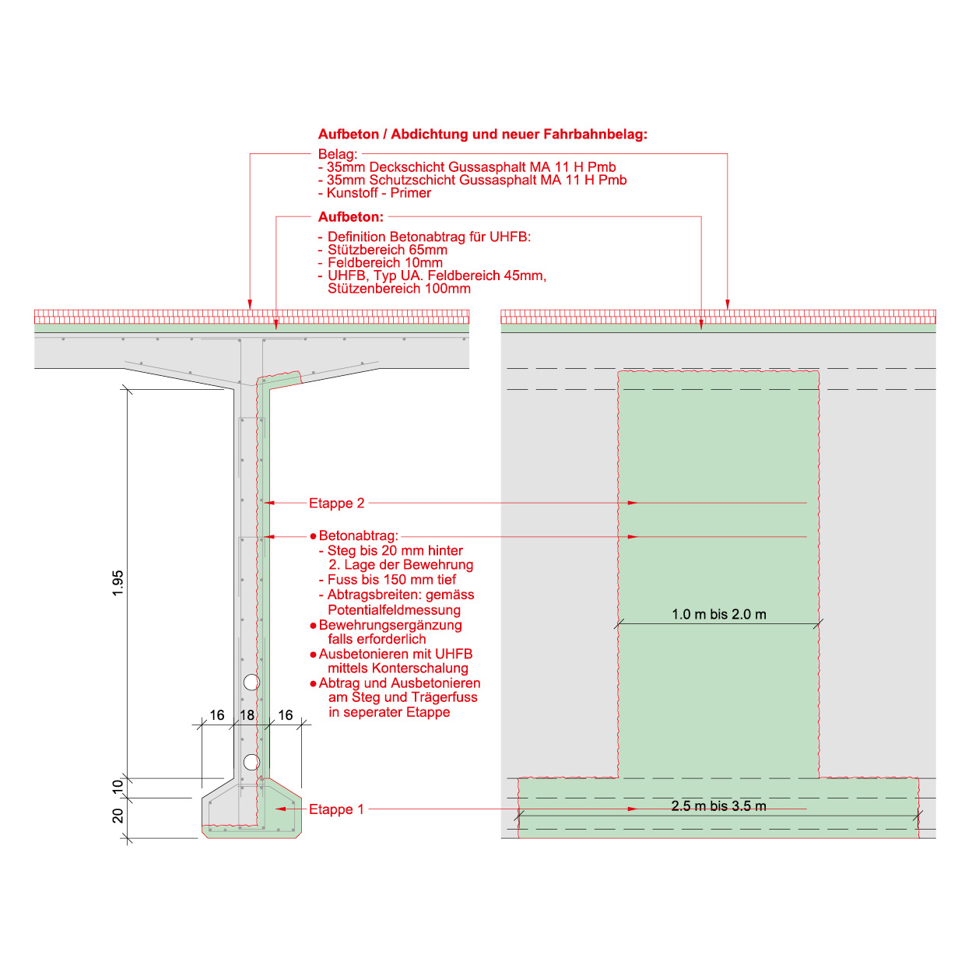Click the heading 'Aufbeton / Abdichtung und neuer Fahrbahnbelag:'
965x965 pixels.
482,134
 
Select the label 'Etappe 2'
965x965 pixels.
336,504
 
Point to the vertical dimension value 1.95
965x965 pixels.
118,584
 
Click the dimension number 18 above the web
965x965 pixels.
247,715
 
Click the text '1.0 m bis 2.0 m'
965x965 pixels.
718,615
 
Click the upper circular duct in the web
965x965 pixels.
251,682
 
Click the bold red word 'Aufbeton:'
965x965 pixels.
350,217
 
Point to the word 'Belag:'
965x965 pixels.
338,154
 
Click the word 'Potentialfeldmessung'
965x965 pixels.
394,610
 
